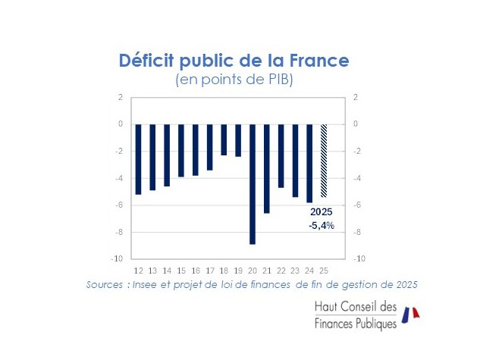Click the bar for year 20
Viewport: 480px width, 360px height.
click(253, 183)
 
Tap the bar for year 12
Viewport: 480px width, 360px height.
click(138, 158)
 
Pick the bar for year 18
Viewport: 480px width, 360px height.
click(224, 139)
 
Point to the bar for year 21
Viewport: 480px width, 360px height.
click(267, 168)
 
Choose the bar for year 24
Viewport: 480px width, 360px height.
click(309, 163)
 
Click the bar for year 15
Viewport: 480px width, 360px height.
click(181, 150)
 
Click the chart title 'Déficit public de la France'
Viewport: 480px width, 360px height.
click(235, 61)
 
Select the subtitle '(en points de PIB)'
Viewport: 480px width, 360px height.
click(235, 80)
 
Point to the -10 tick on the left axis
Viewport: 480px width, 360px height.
click(118, 258)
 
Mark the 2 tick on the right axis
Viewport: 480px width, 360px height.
click(355, 97)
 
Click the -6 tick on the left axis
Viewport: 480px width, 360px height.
click(120, 205)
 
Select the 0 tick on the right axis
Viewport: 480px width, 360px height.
click(355, 124)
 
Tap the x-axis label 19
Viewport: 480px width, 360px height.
click(238, 271)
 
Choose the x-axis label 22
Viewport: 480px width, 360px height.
click(281, 271)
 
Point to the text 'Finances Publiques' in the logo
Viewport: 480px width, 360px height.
click(355, 324)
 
